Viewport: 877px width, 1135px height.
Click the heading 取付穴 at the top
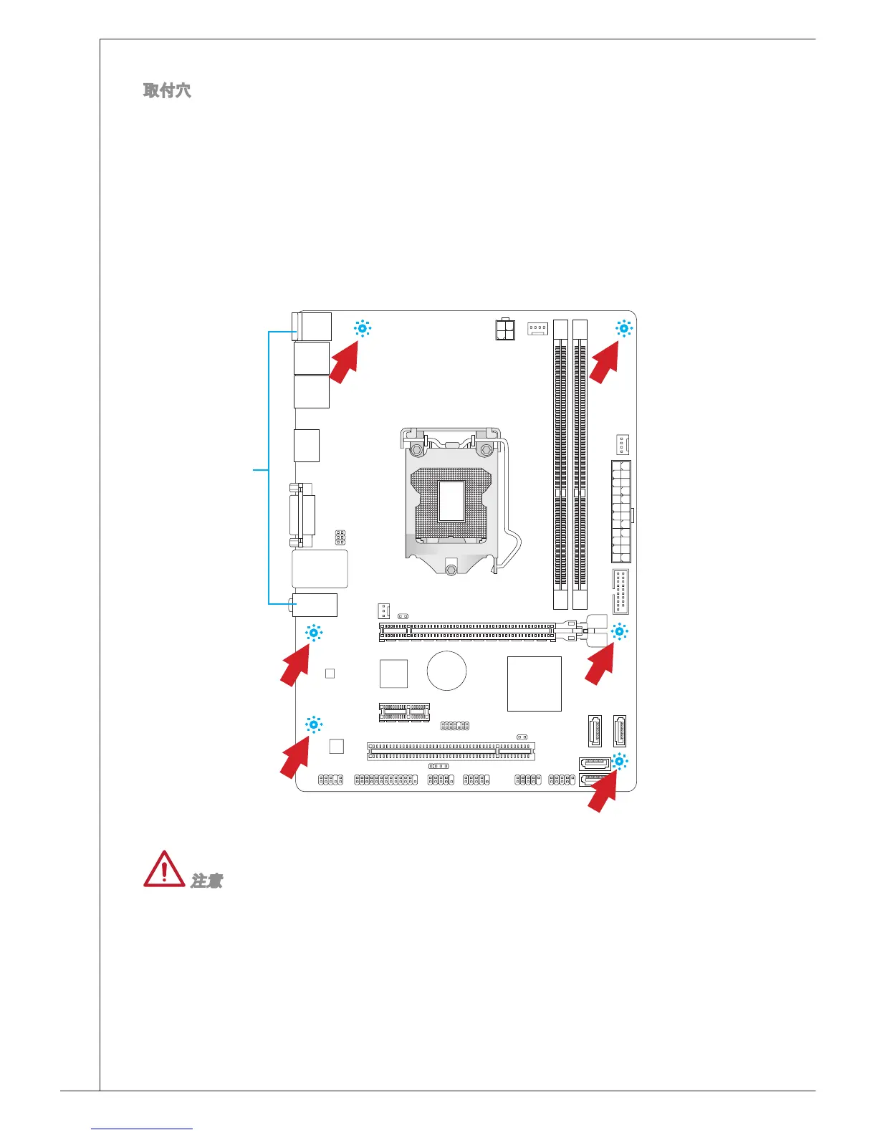click(167, 90)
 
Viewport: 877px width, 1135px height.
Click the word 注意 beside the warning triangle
click(206, 881)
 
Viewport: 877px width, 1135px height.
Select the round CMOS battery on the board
click(446, 671)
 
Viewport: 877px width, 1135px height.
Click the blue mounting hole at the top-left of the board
click(362, 329)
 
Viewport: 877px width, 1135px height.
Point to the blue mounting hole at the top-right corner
click(623, 329)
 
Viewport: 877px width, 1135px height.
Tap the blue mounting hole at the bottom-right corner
click(620, 762)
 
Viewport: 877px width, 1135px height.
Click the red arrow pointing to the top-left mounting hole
click(344, 362)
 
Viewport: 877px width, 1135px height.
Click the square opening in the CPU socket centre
click(451, 501)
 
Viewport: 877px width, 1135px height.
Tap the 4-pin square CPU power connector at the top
click(505, 330)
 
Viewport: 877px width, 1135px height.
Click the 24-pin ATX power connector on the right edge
click(620, 512)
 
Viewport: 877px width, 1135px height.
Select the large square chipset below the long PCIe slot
click(534, 684)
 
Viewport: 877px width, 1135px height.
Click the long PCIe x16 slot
click(467, 631)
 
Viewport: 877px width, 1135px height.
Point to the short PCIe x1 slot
click(404, 712)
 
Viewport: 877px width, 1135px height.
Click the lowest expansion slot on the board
click(451, 751)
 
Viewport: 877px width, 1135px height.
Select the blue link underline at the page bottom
click(142, 1129)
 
